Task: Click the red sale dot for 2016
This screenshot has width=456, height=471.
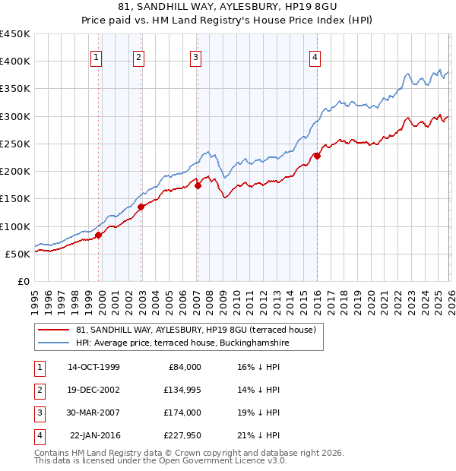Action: (317, 156)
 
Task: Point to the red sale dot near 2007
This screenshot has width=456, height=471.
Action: (198, 185)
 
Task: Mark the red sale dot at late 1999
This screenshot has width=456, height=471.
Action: (99, 235)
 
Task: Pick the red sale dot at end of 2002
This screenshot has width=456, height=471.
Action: (141, 207)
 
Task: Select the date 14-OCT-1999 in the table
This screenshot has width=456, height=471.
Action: (93, 367)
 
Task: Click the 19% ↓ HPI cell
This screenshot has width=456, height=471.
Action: (260, 413)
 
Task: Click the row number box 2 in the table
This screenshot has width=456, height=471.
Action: (39, 390)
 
